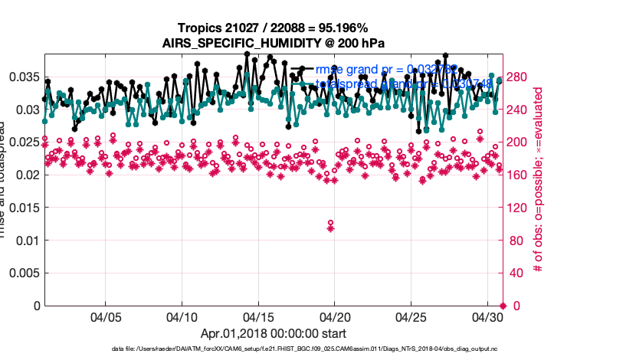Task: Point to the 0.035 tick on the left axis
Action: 24,77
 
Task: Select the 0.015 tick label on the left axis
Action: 24,208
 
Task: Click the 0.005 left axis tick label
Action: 24,273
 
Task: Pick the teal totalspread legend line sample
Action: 303,84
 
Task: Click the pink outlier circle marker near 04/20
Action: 330,222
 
